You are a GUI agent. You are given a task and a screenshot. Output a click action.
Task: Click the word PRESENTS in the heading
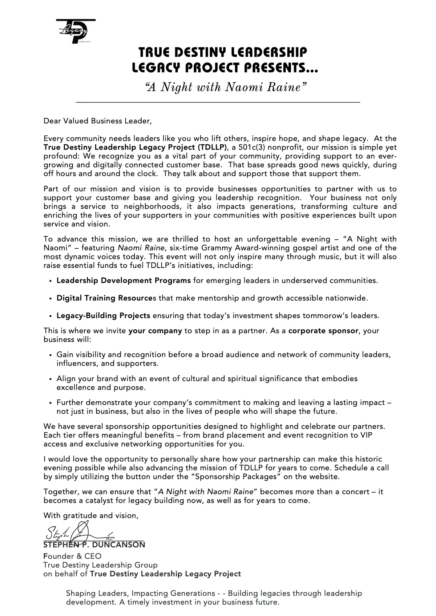click(x=279, y=68)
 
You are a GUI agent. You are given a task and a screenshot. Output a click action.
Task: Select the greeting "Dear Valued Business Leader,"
click(x=97, y=121)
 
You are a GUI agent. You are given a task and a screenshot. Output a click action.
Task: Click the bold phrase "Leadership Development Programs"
click(x=124, y=281)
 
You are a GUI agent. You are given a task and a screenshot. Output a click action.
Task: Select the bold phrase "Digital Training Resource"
click(x=104, y=298)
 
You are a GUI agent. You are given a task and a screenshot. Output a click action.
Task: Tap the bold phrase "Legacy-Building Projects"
click(x=103, y=316)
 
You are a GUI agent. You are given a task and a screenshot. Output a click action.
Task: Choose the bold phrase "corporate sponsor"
click(x=323, y=331)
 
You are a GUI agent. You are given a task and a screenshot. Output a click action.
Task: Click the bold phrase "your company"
click(x=155, y=331)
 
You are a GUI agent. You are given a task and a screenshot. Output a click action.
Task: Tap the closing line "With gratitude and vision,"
click(x=91, y=516)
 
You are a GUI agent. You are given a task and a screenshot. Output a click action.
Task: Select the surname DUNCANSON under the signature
click(x=118, y=545)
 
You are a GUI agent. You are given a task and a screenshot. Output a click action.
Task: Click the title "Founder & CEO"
click(x=72, y=556)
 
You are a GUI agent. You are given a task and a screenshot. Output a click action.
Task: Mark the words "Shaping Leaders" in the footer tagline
click(x=96, y=593)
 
